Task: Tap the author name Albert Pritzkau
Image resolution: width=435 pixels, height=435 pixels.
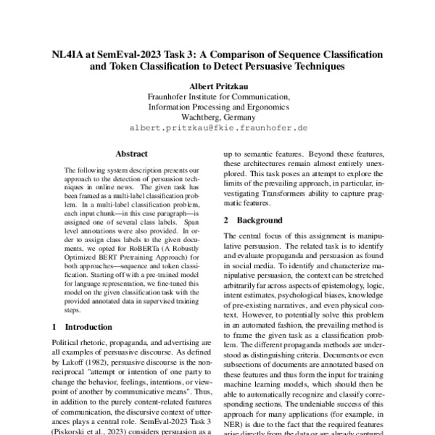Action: [x=218, y=84]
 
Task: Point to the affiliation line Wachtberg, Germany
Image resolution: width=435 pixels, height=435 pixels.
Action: [x=218, y=116]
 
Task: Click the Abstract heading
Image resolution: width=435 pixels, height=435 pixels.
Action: [x=131, y=154]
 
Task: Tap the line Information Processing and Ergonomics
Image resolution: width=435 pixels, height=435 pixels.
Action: [x=218, y=106]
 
